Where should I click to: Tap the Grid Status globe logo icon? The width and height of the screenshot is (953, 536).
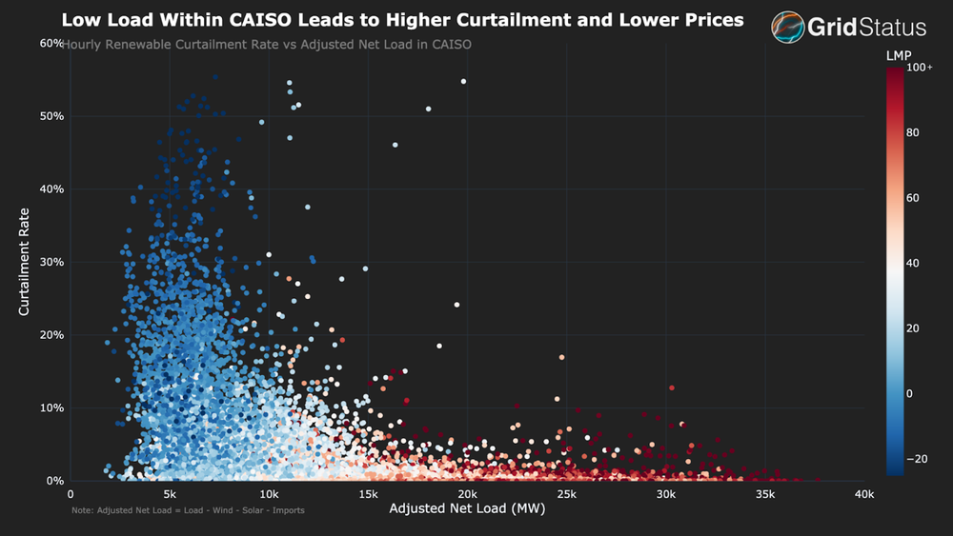click(788, 28)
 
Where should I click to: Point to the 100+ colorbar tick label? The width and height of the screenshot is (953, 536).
click(920, 68)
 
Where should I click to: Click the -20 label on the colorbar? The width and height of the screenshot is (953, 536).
click(916, 458)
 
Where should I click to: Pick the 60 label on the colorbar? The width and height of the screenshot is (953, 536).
click(913, 198)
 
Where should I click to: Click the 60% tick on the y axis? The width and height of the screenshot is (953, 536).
click(51, 44)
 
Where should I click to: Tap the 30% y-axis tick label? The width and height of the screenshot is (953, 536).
click(51, 262)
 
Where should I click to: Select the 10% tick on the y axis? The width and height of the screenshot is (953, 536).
click(51, 408)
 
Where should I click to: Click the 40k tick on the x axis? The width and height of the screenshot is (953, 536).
click(864, 494)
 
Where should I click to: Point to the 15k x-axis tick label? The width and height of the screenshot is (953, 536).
click(368, 494)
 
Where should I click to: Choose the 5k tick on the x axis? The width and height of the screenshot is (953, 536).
click(170, 494)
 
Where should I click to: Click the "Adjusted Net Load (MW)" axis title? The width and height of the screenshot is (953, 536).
click(466, 509)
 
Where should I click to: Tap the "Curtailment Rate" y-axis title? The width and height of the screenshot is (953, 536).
click(25, 262)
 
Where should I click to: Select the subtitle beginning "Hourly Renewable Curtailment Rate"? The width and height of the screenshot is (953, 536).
click(267, 44)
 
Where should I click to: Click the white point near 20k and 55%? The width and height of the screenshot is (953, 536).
click(463, 82)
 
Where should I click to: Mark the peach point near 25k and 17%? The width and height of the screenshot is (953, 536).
click(562, 357)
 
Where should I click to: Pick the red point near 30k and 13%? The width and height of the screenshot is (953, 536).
click(672, 387)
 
